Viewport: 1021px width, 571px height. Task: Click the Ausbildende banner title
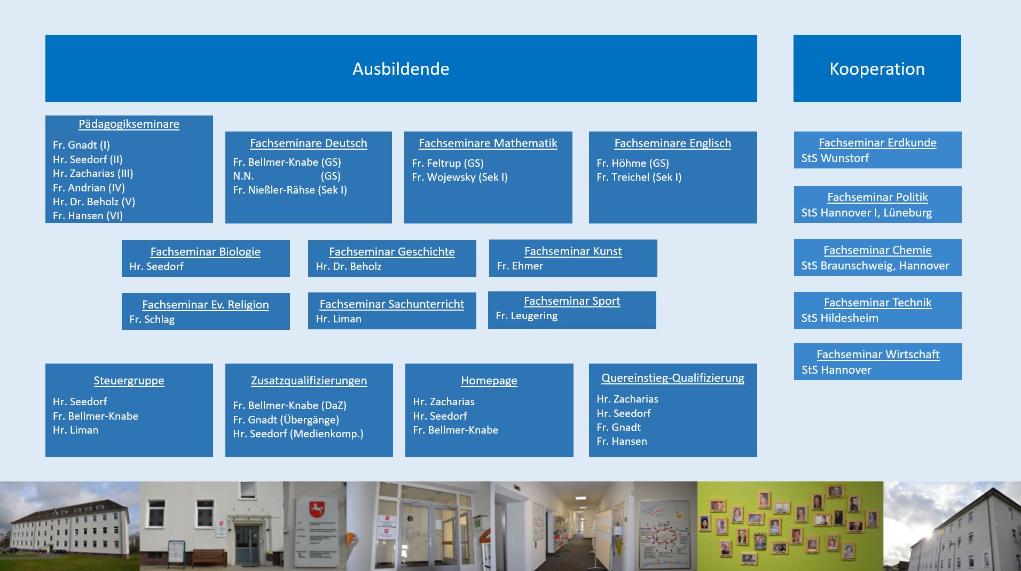pos(400,69)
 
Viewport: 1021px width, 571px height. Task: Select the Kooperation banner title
pos(877,69)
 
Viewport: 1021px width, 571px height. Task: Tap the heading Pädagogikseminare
pos(129,124)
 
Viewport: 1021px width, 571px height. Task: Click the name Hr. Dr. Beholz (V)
pos(94,202)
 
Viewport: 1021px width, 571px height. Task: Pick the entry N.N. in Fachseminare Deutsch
pos(244,176)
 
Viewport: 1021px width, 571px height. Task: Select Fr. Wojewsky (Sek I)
pos(460,177)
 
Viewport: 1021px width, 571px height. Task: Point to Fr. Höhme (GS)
pos(633,163)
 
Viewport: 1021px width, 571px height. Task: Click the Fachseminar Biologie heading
pos(206,252)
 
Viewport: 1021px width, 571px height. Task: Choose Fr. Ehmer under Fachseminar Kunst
pos(520,266)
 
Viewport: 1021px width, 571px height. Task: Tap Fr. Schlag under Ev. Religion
pos(152,319)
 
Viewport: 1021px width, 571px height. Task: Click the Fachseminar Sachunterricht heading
pos(392,304)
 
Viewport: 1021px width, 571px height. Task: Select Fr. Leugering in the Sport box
pos(527,316)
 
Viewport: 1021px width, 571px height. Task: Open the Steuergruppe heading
pos(129,381)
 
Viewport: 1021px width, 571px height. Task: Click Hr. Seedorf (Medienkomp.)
pos(298,434)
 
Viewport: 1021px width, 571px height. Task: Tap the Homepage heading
pos(489,381)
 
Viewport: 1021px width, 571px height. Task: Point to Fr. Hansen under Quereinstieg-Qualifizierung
pos(622,441)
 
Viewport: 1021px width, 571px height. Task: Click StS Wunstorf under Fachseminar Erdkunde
pos(835,158)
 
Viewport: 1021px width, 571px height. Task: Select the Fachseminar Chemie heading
pos(877,250)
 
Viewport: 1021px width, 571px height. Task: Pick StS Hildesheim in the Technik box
pos(839,318)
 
